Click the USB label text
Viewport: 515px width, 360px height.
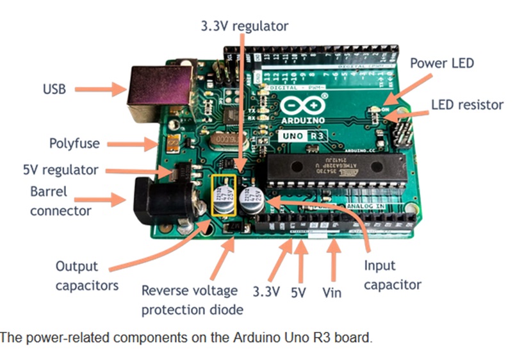[x=54, y=88]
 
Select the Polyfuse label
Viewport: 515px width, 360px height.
[x=75, y=143]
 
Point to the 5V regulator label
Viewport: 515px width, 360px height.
[x=60, y=170]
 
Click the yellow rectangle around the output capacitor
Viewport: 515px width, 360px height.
[x=224, y=195]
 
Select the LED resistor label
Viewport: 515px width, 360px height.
[x=467, y=104]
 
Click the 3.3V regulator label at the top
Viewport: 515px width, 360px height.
[x=244, y=26]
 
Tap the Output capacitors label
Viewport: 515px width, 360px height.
[x=86, y=275]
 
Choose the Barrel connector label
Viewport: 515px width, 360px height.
[x=60, y=200]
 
